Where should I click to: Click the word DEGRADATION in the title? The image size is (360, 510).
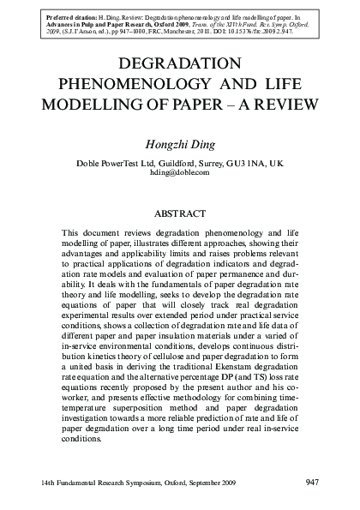(180, 65)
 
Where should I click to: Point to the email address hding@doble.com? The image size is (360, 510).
(180, 172)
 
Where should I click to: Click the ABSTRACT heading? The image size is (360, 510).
(180, 211)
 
